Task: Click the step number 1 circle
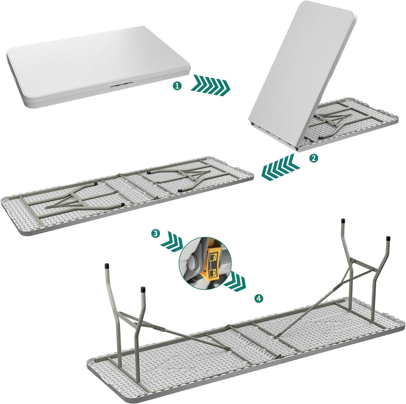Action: [x=177, y=86]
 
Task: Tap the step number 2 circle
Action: [x=313, y=158]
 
